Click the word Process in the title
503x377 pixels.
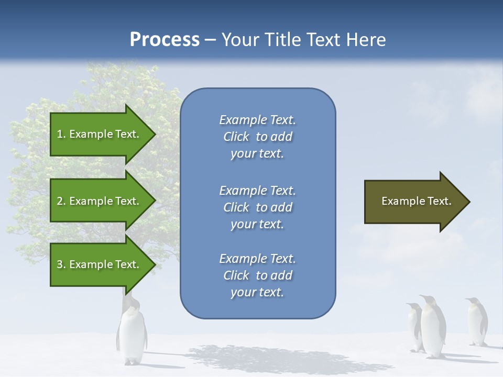tap(165, 40)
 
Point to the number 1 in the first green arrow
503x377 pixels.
tap(60, 134)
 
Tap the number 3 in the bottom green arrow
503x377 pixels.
tap(60, 264)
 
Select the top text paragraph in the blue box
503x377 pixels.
tap(257, 137)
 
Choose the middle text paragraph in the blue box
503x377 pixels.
tap(257, 207)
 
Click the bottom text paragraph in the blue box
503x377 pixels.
tap(257, 275)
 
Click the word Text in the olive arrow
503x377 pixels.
tap(439, 201)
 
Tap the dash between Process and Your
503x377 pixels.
tap(210, 40)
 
